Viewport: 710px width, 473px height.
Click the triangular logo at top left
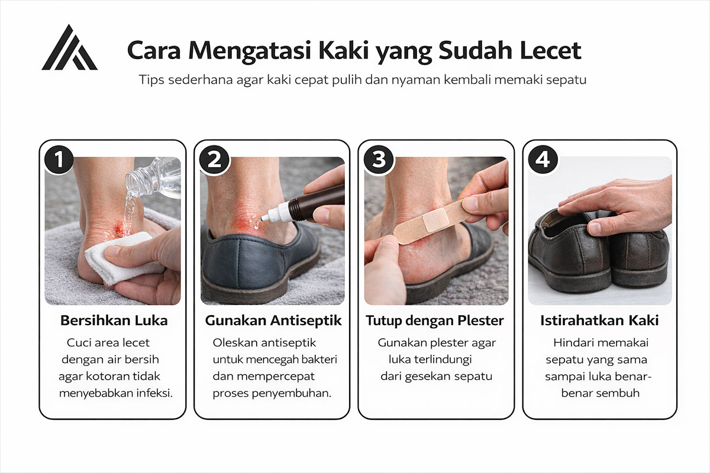coord(69,49)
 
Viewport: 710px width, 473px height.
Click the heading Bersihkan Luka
coord(114,321)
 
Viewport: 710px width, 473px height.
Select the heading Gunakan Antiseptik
coord(273,321)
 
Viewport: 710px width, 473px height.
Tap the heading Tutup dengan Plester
coord(435,321)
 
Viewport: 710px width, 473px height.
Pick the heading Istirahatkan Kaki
coord(599,321)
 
